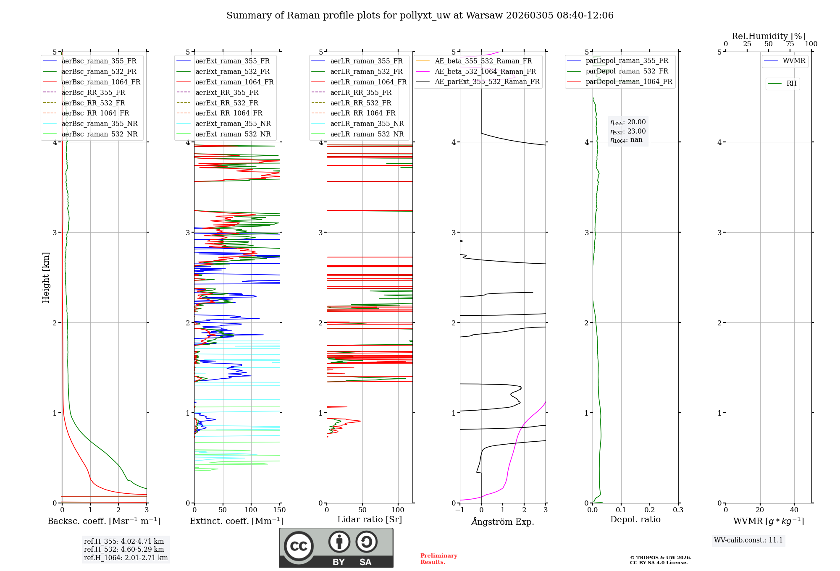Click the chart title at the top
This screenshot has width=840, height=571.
pos(420,16)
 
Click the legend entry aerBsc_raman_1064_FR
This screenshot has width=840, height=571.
pos(101,82)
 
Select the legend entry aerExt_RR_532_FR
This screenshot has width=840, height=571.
pos(227,103)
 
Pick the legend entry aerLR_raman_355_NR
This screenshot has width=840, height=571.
pos(367,124)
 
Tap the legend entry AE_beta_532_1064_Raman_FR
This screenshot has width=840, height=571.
pos(485,72)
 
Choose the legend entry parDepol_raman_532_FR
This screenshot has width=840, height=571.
pos(627,71)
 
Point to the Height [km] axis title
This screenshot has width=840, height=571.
pos(46,278)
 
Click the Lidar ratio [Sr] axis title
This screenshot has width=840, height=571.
pos(370,519)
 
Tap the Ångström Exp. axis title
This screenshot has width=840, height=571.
pos(503,521)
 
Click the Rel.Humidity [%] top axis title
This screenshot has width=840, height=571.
pos(769,36)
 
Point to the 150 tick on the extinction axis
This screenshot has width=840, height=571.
pos(279,510)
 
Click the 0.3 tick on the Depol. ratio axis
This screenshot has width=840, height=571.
pos(678,510)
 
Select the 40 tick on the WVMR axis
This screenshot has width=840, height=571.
pos(794,510)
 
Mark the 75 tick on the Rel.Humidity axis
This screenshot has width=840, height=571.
pos(790,44)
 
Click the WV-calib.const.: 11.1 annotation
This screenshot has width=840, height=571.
pos(748,540)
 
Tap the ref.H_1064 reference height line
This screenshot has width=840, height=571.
pos(126,558)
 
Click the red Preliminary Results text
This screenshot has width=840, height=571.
pos(438,559)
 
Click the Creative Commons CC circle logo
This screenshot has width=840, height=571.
pos(299,546)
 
